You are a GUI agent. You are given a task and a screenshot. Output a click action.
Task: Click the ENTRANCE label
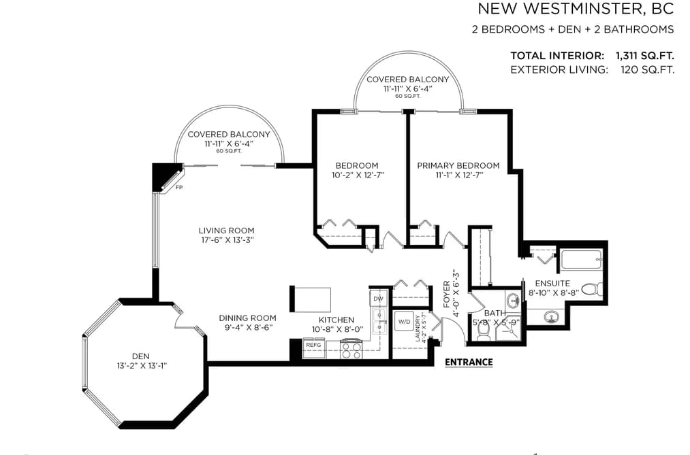(469, 363)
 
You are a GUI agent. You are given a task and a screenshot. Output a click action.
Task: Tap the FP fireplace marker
(179, 188)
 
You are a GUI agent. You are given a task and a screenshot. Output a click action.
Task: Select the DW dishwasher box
(378, 299)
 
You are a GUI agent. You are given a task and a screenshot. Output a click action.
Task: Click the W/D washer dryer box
(404, 322)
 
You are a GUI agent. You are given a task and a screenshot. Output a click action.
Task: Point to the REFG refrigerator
(314, 346)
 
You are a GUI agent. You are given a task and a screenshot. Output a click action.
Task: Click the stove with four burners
(351, 350)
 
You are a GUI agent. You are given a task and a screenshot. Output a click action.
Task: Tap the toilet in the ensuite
(592, 290)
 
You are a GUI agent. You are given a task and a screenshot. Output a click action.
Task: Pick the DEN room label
(140, 356)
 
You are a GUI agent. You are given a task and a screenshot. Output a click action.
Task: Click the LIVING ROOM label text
(226, 230)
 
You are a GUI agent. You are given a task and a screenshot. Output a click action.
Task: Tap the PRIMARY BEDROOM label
(458, 165)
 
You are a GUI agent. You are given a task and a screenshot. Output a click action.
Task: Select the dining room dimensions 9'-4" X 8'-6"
(247, 327)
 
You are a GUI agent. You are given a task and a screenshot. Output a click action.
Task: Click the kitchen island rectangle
(310, 299)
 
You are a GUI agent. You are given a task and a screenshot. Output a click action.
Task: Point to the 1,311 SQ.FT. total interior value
(644, 56)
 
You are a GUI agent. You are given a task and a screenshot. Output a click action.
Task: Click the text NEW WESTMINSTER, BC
(576, 9)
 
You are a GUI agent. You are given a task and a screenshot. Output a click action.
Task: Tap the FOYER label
(447, 294)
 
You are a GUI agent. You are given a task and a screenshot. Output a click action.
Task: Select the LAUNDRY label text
(418, 328)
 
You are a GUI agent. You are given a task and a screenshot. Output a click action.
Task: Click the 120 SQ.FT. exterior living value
(647, 69)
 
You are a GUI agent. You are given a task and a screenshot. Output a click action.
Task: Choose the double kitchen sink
(379, 322)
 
